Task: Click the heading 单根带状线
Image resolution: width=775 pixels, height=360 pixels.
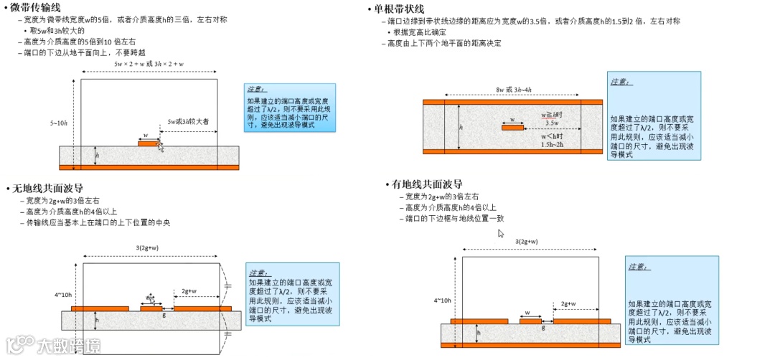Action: (x=400, y=9)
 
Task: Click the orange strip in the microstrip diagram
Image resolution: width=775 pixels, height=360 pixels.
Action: (x=148, y=143)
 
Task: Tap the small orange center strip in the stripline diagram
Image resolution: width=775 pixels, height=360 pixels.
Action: (x=512, y=128)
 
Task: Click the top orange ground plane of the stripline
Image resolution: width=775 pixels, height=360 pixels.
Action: (x=512, y=102)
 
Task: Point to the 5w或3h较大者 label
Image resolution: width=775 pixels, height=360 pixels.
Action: (x=188, y=122)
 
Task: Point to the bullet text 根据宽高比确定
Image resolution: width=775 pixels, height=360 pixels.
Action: (x=420, y=32)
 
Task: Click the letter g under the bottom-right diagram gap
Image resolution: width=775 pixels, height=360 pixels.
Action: (x=543, y=328)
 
